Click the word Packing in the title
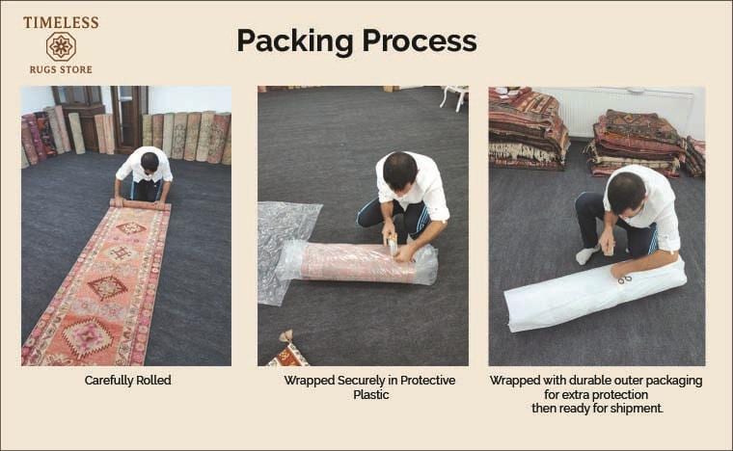pos(294,41)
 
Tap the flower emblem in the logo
pos(61,46)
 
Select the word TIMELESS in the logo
pos(61,22)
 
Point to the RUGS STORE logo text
pos(61,69)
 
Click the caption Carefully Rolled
pos(127,381)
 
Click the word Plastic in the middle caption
pos(370,394)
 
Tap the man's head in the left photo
pos(149,161)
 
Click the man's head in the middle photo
pos(399,172)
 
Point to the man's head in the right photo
pos(626,193)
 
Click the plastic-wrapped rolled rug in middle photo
pos(358,263)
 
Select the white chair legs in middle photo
pos(455,98)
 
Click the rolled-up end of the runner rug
pos(140,204)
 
